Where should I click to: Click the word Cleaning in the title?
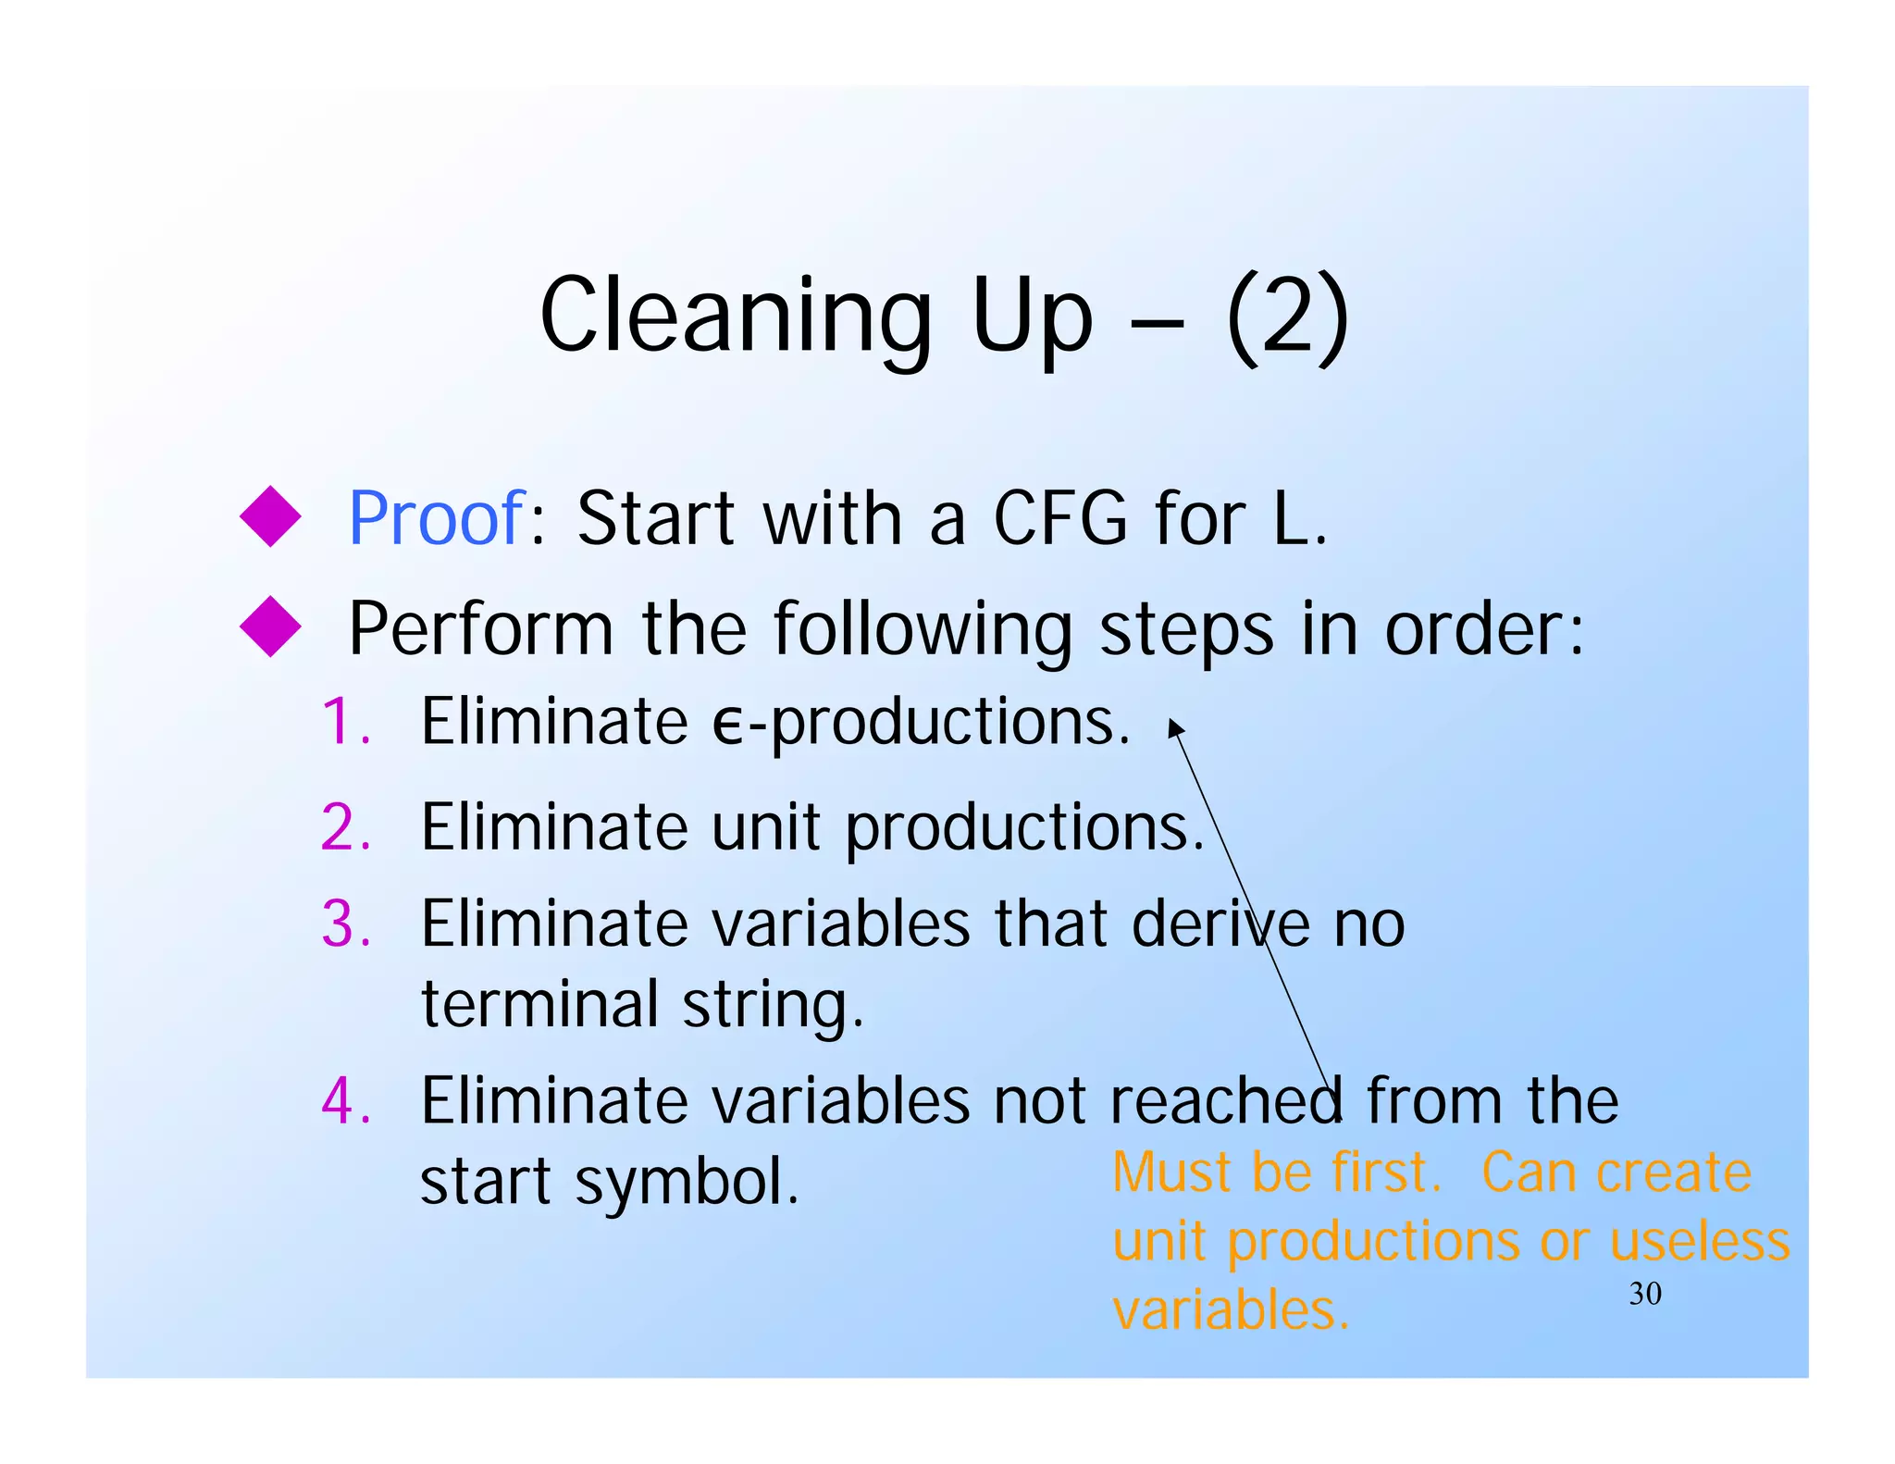736,316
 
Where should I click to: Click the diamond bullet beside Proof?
270,516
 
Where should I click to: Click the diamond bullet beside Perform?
270,627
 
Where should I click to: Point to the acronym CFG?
1060,518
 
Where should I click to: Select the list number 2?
344,827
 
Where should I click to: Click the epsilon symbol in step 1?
727,726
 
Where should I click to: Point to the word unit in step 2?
765,826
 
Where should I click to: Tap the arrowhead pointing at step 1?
1174,728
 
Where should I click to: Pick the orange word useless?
1699,1242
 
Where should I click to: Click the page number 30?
1645,1294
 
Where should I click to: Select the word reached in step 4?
1225,1101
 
